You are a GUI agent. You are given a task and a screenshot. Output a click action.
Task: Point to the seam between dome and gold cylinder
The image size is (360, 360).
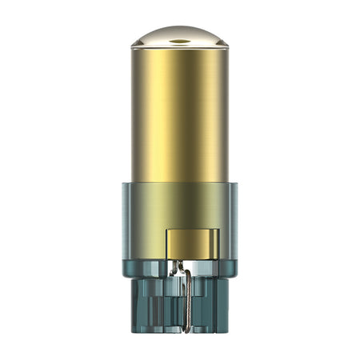(180, 51)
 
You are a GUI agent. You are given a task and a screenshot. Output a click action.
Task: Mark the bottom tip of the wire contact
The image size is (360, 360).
(186, 330)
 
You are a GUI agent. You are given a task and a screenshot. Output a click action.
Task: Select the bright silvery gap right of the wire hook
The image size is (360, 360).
(197, 267)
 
